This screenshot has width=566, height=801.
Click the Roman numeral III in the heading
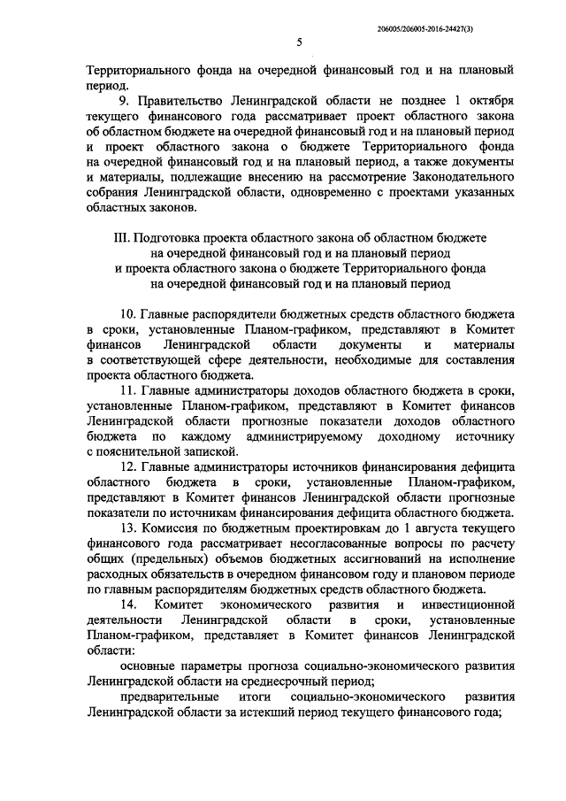tap(121, 240)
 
